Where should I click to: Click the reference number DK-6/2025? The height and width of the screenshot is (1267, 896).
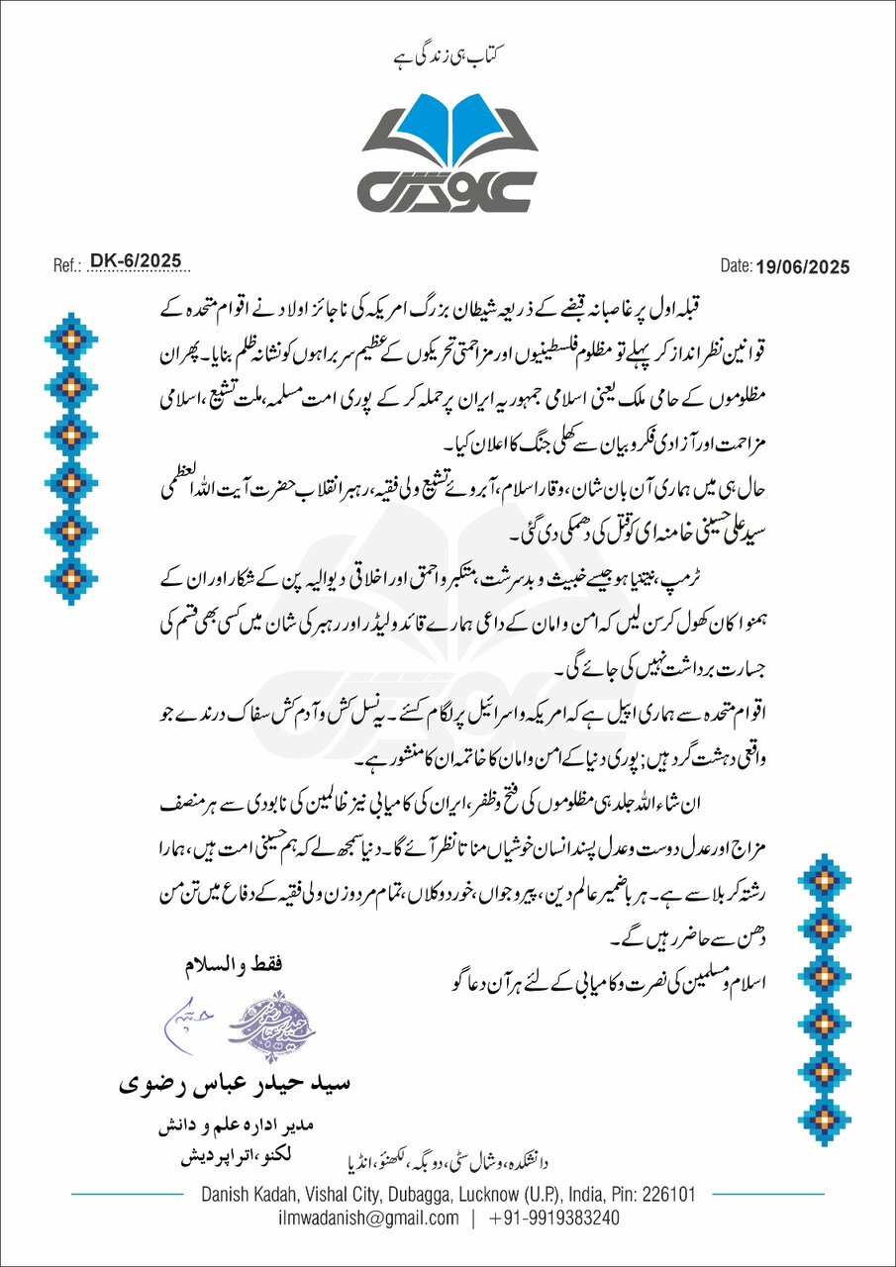[x=136, y=261]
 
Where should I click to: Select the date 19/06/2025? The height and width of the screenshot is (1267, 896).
[x=802, y=266]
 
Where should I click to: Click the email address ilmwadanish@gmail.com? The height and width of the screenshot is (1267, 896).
[x=368, y=1218]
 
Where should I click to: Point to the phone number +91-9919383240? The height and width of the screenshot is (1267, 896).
[x=554, y=1218]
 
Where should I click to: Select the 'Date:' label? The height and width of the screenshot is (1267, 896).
[x=737, y=266]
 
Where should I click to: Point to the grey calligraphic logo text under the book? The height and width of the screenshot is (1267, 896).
[x=448, y=188]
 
